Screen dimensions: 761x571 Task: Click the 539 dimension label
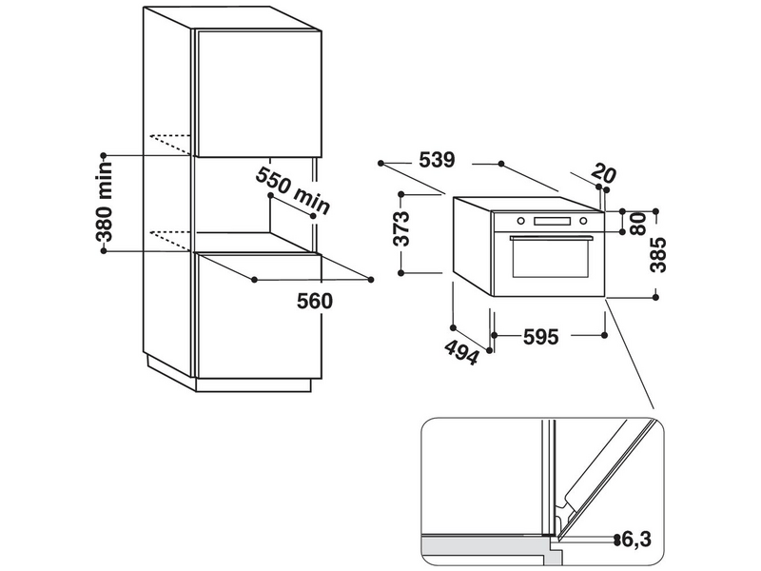point(437,160)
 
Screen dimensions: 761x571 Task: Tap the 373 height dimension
point(402,228)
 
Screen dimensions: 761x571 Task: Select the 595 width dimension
point(541,337)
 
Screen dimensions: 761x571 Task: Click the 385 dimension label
point(658,255)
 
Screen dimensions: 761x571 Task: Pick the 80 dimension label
point(638,224)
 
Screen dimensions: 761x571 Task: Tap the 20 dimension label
point(603,173)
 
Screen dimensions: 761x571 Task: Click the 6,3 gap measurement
point(635,539)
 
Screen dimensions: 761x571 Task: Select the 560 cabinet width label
point(315,301)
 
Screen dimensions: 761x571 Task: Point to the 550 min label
point(293,190)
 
